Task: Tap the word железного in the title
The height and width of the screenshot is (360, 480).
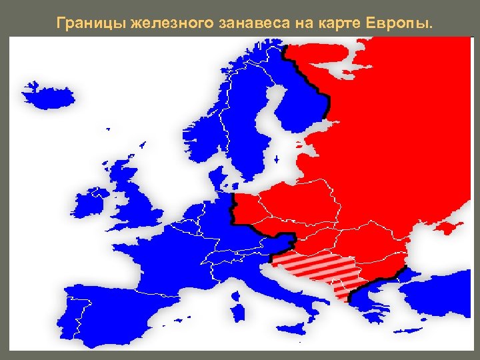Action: point(171,25)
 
